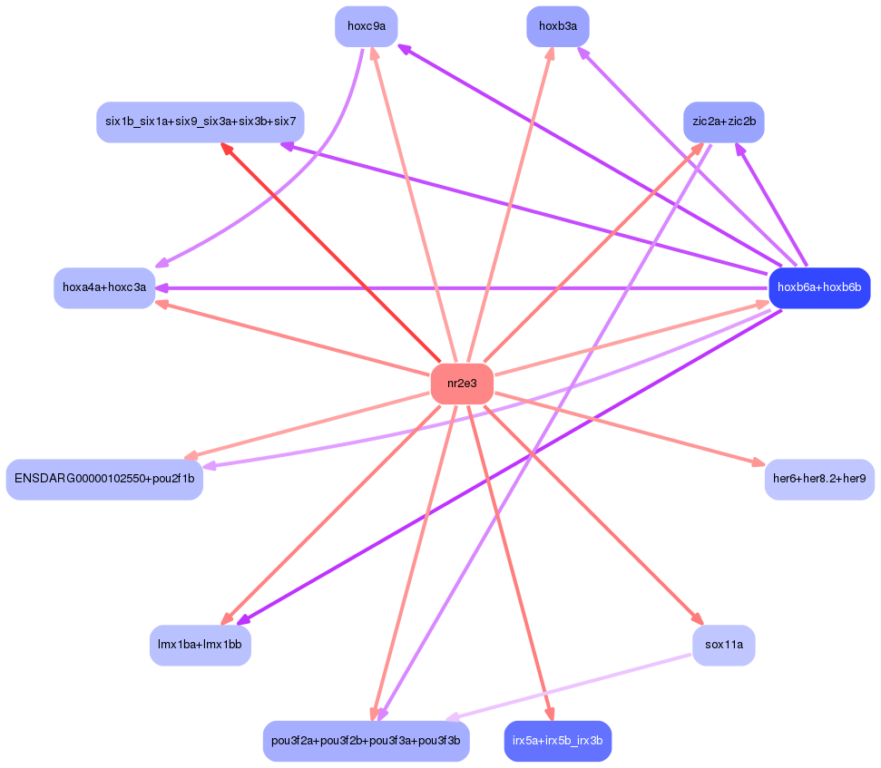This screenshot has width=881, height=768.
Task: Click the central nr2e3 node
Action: tap(462, 384)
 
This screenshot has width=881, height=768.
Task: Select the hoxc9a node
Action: tap(366, 26)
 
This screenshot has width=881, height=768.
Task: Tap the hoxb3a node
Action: tap(557, 26)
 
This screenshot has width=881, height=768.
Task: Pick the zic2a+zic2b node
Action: tap(723, 122)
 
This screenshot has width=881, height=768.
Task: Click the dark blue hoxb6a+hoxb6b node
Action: tap(818, 287)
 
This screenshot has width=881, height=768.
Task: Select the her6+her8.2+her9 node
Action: tap(818, 478)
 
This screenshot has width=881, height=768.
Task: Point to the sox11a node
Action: tap(723, 645)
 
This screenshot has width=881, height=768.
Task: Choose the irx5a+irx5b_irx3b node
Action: tap(557, 741)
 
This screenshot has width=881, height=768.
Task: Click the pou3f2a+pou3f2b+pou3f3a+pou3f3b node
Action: tap(366, 741)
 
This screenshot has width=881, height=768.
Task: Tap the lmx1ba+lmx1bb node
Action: tap(200, 645)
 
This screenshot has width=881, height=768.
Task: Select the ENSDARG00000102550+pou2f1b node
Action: tap(104, 479)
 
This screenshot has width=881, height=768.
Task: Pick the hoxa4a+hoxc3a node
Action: tap(104, 287)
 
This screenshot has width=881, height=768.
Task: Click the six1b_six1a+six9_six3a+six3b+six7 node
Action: tap(200, 122)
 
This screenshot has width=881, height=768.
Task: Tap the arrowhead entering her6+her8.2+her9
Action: tap(758, 462)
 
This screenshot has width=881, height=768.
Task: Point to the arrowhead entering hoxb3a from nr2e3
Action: tap(550, 54)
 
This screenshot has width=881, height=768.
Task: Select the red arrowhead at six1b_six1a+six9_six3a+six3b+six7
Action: tap(227, 148)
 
